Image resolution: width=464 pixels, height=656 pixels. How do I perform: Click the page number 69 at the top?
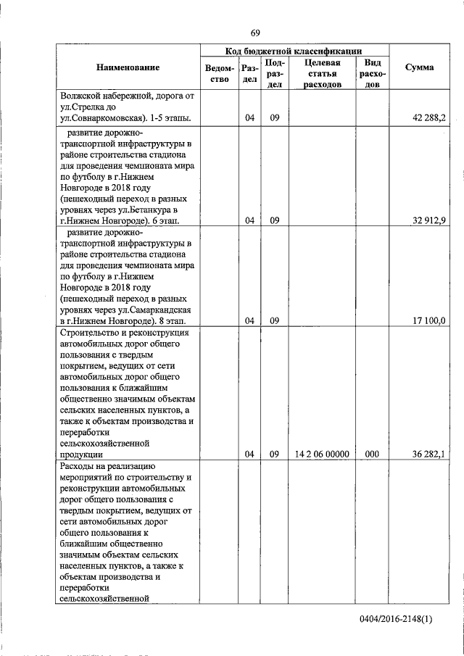[255, 33]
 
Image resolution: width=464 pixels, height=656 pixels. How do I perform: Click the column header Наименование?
[127, 67]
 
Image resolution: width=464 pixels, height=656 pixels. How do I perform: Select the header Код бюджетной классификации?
[294, 51]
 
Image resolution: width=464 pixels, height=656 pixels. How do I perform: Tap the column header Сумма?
[419, 67]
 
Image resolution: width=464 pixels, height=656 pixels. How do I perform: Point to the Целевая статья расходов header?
[323, 74]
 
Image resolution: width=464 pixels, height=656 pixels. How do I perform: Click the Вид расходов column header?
[372, 74]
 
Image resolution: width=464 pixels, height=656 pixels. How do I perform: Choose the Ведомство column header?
[218, 74]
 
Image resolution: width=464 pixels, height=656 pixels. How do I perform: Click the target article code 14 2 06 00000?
[323, 454]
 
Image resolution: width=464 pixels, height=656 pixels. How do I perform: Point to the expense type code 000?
[372, 454]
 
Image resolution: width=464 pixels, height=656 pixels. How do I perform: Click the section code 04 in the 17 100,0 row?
[249, 320]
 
